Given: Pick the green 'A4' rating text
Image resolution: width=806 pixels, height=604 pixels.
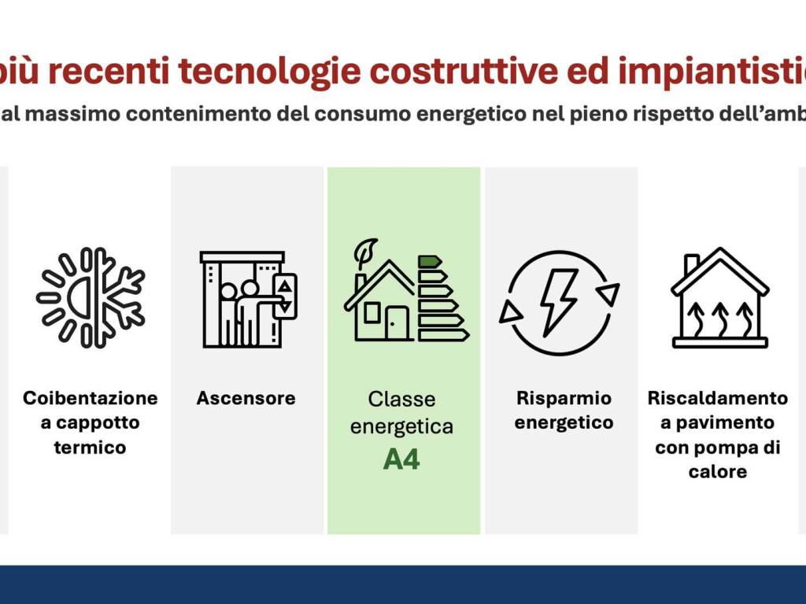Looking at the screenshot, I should [401, 459].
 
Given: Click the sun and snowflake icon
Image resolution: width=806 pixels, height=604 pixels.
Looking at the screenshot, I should [91, 298].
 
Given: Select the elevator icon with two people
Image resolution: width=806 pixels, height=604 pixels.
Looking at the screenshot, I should [249, 299].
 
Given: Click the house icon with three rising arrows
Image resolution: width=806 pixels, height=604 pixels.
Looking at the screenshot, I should [719, 299].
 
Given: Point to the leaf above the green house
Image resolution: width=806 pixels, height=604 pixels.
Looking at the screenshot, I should [366, 253].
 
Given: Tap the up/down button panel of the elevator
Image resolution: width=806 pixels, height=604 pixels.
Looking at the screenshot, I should [285, 296].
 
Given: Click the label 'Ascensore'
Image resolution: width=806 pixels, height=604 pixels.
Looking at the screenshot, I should [246, 398].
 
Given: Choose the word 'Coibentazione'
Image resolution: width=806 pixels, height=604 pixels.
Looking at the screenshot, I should [91, 398].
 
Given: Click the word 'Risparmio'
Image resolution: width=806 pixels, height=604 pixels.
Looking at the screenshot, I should [564, 398].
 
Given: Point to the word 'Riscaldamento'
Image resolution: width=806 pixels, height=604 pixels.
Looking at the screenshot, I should [717, 398].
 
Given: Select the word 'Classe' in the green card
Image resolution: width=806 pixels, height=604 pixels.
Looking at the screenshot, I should [401, 400].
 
